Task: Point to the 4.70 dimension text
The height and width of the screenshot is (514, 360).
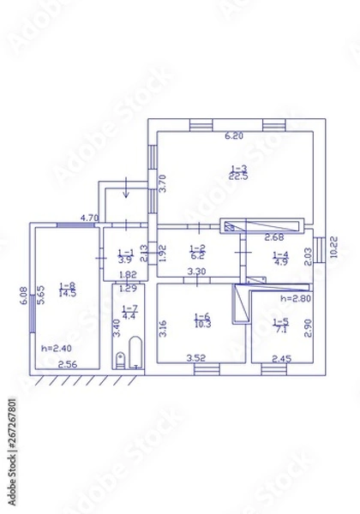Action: (89, 218)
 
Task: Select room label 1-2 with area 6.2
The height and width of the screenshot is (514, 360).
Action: (196, 252)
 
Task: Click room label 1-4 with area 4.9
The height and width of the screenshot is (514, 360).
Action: (279, 258)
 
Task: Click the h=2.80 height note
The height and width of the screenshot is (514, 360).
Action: (295, 298)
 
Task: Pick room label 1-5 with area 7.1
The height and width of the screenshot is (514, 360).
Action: (279, 325)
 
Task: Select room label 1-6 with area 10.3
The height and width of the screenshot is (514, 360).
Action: (202, 321)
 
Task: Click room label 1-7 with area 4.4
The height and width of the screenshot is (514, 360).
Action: (129, 313)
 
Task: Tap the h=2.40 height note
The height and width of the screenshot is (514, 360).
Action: (54, 349)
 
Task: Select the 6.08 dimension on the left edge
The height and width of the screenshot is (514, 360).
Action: (25, 295)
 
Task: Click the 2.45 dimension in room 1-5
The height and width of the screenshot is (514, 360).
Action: (282, 359)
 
